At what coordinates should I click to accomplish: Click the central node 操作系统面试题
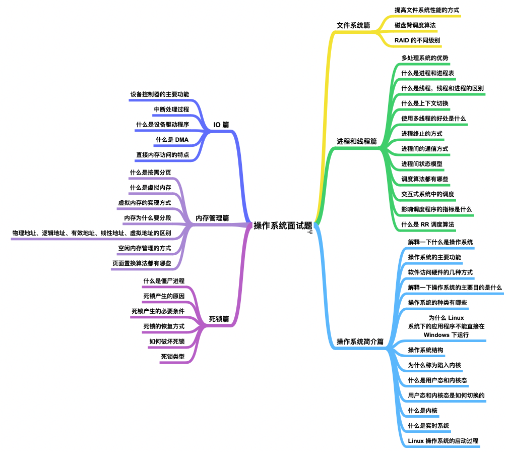tap(283, 225)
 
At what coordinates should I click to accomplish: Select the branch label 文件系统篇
tap(353, 25)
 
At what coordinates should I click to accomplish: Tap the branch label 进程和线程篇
tap(357, 141)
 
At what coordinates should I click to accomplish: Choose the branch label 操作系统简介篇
tap(360, 342)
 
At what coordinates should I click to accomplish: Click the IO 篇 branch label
tap(221, 125)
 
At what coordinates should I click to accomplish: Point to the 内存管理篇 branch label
tap(212, 218)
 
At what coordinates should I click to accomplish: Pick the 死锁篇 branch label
tap(219, 319)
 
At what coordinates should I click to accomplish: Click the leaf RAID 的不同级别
tap(417, 40)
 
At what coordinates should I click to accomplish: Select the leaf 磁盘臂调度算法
tap(415, 25)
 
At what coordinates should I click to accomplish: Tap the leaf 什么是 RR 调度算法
tap(427, 224)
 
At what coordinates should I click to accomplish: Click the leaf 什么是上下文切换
tap(425, 103)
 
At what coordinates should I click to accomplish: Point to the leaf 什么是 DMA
tap(172, 140)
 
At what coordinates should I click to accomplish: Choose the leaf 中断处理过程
tap(171, 109)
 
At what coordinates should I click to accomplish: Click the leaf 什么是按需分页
tap(150, 173)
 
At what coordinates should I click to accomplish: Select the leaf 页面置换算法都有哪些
tap(142, 263)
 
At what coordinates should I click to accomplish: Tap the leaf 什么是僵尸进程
tap(164, 281)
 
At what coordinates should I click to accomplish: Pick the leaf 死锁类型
tap(173, 357)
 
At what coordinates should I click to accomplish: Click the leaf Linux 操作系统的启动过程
tap(443, 441)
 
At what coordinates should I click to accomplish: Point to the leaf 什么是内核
tap(422, 411)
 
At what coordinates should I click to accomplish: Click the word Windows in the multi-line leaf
tap(436, 335)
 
